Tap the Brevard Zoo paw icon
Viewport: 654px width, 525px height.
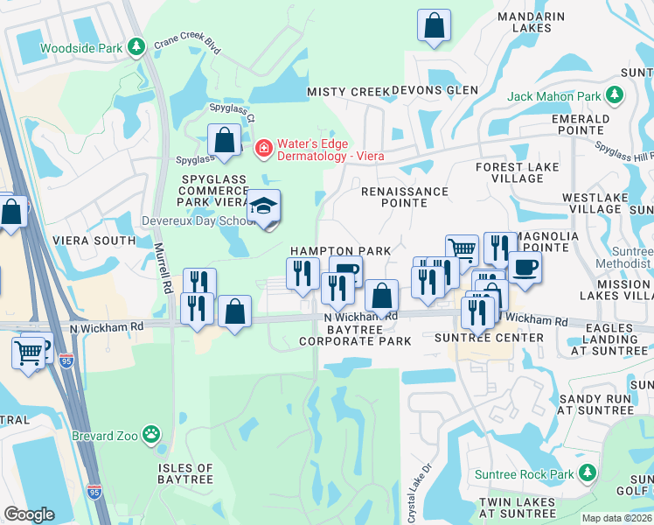151,433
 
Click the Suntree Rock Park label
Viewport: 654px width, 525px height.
523,474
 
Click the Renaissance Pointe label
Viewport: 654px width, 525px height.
405,197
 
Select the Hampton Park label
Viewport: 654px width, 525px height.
340,251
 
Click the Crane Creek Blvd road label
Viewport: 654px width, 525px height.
188,45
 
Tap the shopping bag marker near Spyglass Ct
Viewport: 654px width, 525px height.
225,141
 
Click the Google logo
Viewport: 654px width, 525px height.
29,514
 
